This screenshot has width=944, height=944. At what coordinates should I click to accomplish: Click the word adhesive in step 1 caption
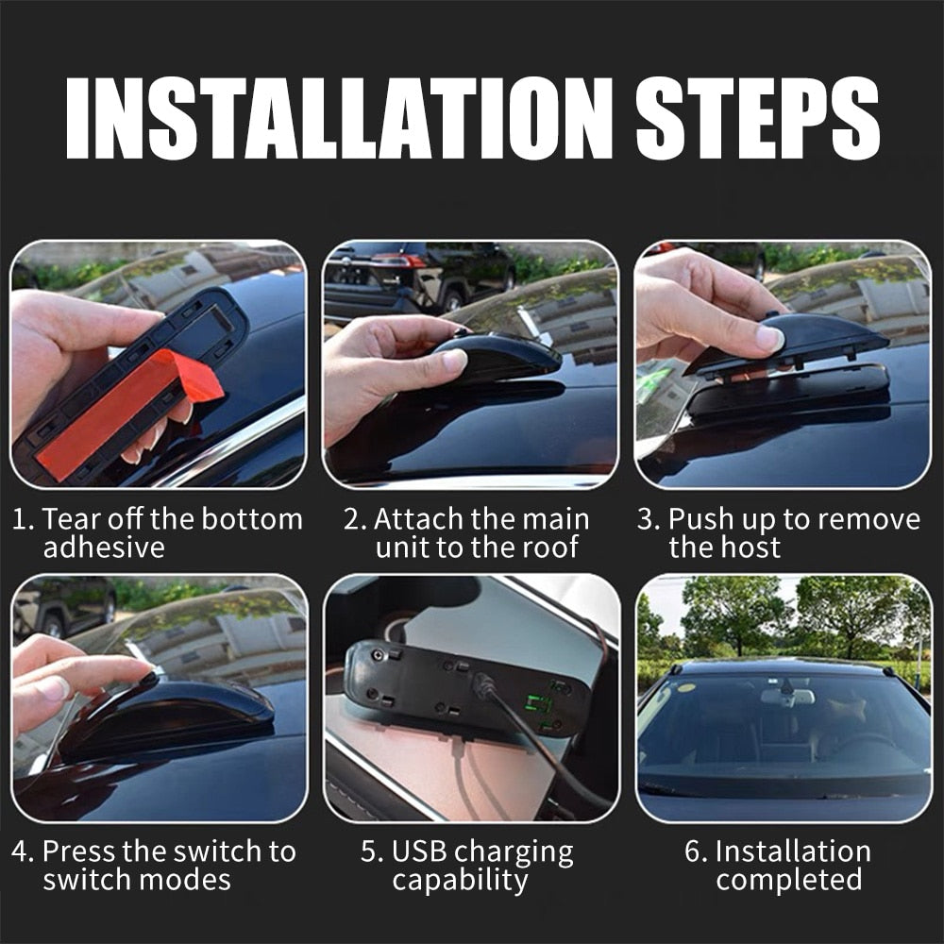(104, 548)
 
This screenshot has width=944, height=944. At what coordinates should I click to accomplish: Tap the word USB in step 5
(422, 851)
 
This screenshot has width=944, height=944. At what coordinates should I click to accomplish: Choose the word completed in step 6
(789, 880)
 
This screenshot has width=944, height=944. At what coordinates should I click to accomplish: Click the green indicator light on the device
(539, 704)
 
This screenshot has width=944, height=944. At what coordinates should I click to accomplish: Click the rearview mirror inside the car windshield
(787, 697)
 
